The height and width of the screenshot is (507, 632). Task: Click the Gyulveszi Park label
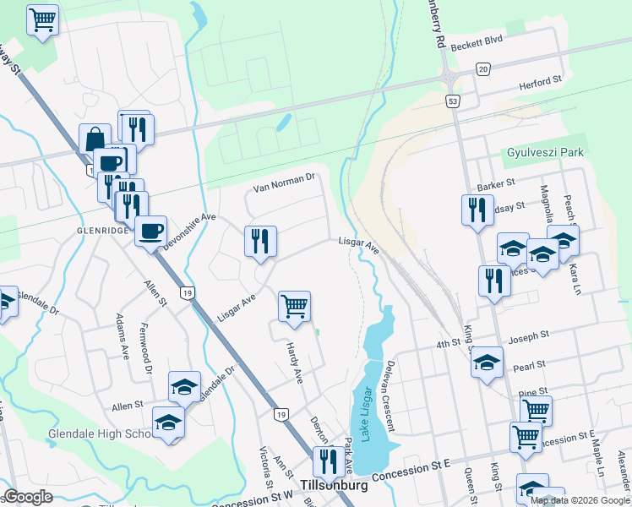click(546, 152)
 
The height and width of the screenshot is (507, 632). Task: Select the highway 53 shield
click(454, 101)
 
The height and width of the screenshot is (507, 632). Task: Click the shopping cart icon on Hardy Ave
click(294, 307)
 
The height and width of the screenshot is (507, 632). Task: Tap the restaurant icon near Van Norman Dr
click(260, 242)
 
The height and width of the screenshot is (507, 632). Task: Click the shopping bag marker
click(95, 139)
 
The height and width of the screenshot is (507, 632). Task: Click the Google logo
click(27, 497)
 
